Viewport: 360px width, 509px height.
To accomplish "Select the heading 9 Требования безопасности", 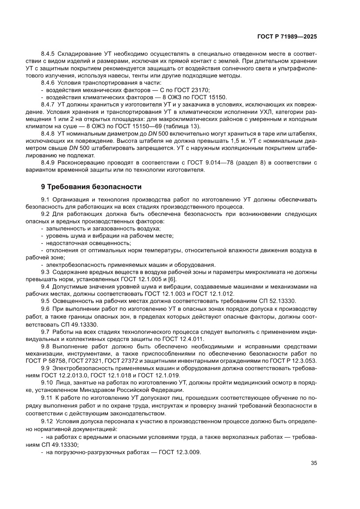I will click(91, 187).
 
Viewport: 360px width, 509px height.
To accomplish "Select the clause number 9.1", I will click(46, 199).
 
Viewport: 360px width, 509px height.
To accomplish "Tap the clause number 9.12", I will click(48, 422).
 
